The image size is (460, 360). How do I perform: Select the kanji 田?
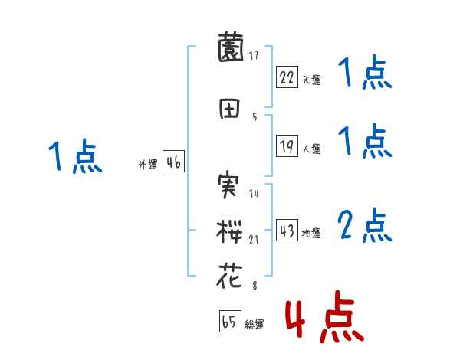231,108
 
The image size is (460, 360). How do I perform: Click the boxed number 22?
287,77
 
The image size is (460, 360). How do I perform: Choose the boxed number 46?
173,162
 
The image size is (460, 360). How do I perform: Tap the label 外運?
148,164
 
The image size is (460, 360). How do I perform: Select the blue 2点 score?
365,226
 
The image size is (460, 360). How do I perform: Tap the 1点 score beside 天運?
365,74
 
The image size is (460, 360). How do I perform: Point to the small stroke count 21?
254,240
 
